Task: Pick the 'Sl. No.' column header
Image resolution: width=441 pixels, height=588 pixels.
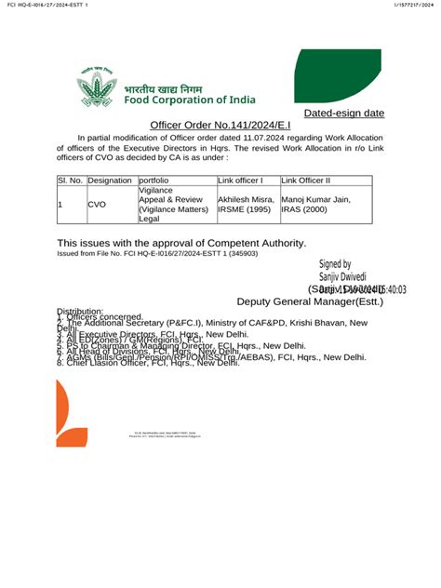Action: pos(70,180)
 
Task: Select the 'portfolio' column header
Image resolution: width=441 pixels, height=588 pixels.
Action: pos(154,180)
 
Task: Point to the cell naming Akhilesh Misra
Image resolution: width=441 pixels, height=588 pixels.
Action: pos(246,205)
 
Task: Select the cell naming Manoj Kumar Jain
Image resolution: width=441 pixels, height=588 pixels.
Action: pos(316,205)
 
